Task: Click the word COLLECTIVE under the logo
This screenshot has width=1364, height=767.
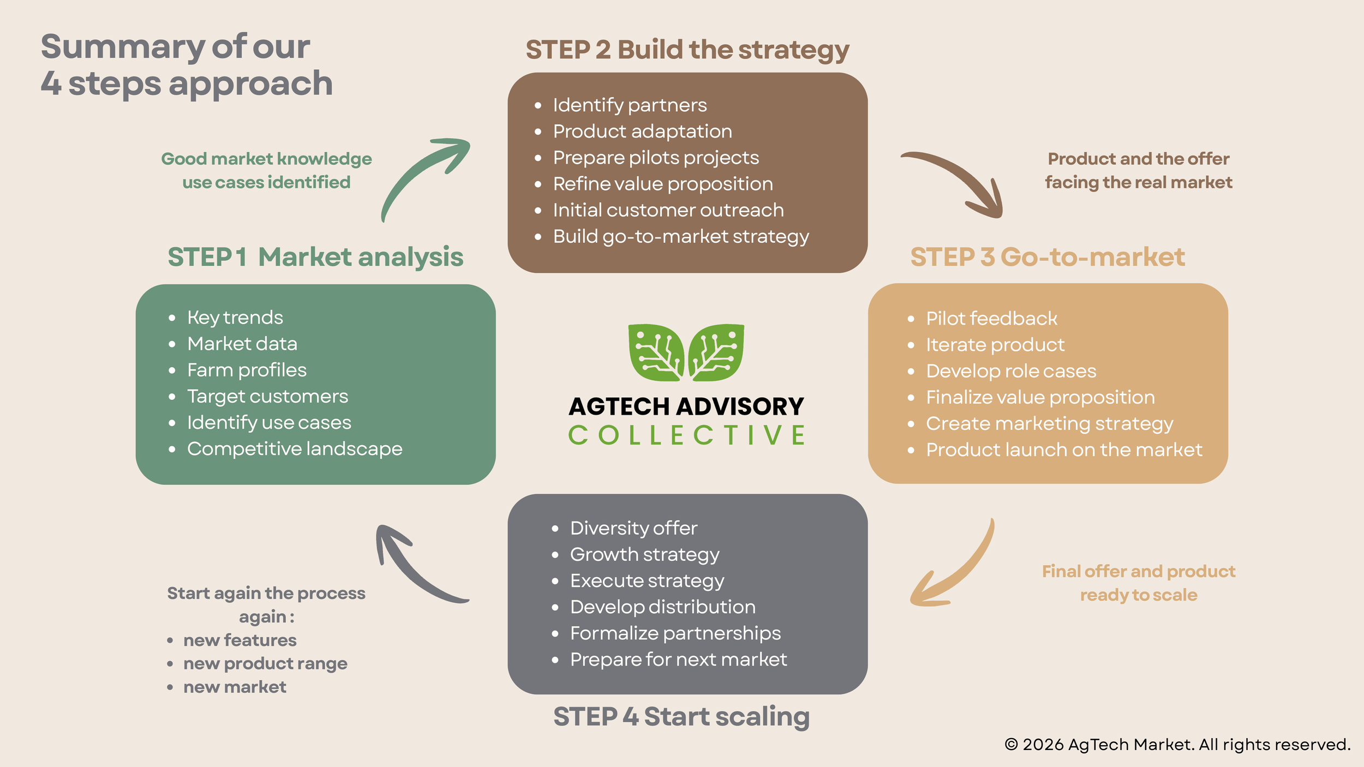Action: [x=687, y=435]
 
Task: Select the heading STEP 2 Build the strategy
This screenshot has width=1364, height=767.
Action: [x=687, y=50]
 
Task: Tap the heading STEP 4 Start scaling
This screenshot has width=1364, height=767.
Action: [x=681, y=716]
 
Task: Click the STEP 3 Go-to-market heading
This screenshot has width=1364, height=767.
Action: [x=1048, y=257]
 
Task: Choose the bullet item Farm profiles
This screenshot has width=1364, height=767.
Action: [x=247, y=370]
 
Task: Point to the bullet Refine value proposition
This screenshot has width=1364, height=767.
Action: [x=663, y=184]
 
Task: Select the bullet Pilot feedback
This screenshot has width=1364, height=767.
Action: [x=991, y=319]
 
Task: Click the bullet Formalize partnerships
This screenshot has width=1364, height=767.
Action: [x=675, y=633]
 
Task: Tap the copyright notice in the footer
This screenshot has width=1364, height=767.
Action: [x=1177, y=745]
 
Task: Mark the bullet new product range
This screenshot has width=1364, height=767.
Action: [x=265, y=663]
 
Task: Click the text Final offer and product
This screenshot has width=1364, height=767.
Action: [x=1139, y=571]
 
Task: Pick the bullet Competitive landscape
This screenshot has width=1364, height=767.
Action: [x=295, y=449]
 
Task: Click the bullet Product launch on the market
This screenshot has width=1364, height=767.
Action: [x=1064, y=450]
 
